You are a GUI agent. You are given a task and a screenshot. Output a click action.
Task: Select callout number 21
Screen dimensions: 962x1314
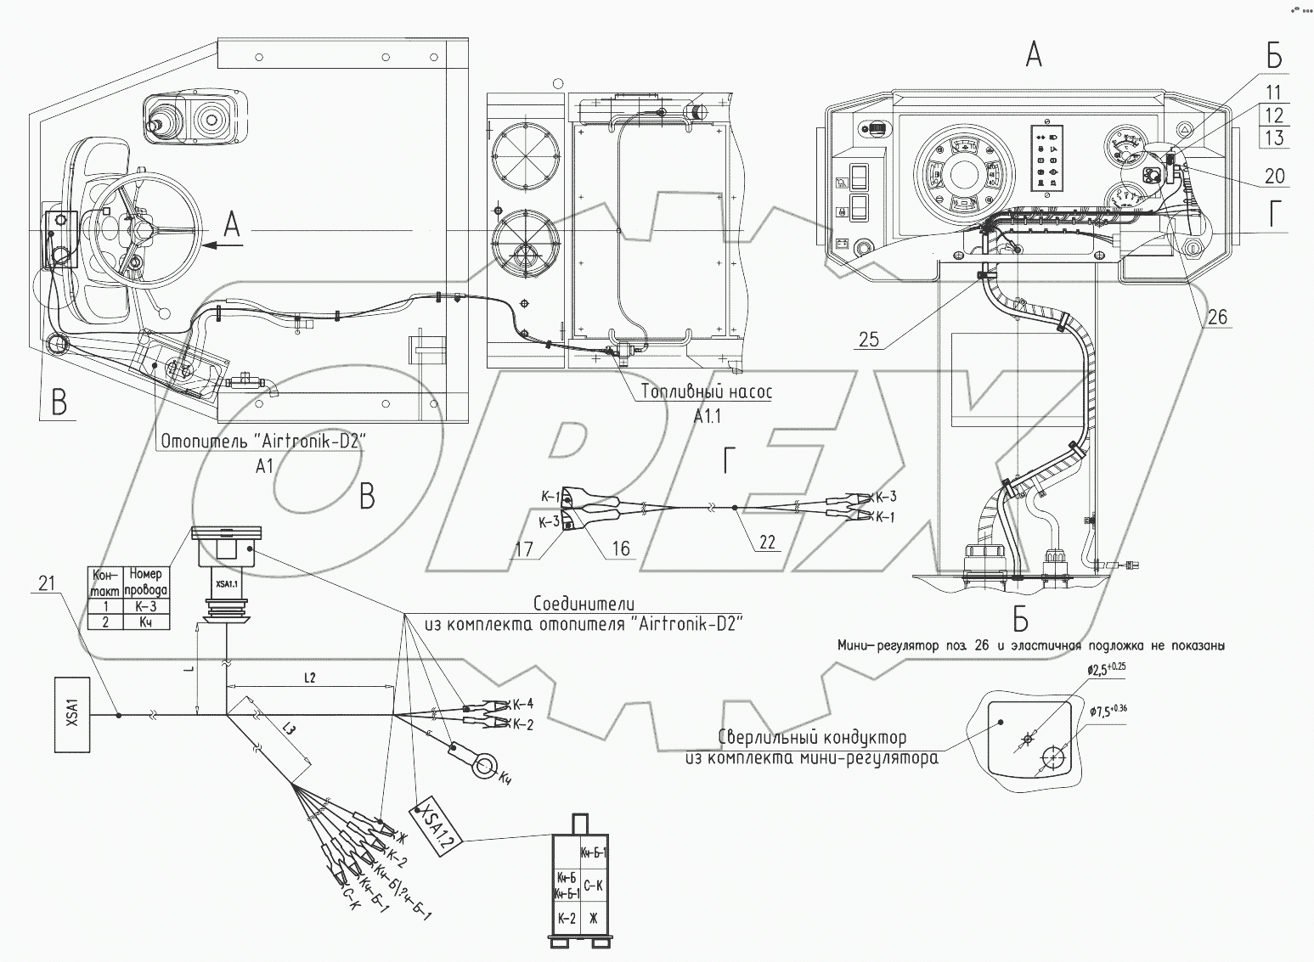(x=47, y=582)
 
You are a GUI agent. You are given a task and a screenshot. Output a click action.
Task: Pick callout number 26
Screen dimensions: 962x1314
(x=1217, y=318)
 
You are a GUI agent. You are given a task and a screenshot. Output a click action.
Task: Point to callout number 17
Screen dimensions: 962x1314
(x=523, y=549)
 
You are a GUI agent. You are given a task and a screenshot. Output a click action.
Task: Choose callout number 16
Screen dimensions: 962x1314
(x=621, y=549)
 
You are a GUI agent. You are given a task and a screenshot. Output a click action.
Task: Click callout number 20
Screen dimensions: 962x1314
(x=1274, y=176)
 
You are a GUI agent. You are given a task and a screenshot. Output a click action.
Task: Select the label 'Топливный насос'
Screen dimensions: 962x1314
(x=707, y=393)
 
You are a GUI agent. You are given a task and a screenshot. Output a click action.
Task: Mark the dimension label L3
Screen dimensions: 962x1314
(x=289, y=731)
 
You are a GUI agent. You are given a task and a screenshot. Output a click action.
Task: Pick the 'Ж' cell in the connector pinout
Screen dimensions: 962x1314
(x=593, y=918)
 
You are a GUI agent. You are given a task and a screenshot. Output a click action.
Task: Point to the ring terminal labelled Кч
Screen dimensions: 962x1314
(x=484, y=768)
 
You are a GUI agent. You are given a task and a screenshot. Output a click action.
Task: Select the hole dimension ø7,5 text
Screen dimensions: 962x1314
(x=1113, y=712)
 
